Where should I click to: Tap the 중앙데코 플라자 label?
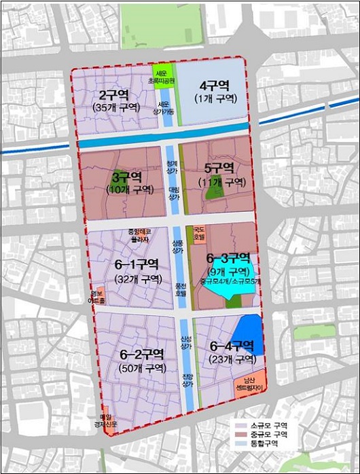141,235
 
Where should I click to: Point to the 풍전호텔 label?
180,289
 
